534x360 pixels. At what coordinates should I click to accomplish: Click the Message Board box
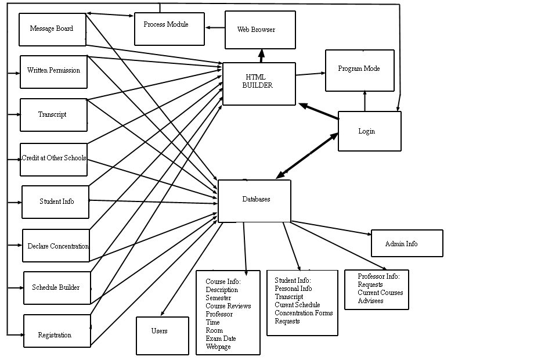click(52, 29)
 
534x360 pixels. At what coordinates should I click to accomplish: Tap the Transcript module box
click(53, 115)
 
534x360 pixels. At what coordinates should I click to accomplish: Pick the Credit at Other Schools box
click(53, 159)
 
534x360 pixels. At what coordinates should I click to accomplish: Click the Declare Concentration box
click(56, 246)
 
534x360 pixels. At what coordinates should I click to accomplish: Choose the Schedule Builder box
click(57, 287)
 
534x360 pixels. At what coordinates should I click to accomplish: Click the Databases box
click(254, 200)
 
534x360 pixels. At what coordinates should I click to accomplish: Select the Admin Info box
click(406, 243)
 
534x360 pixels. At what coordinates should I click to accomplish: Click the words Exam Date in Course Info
click(221, 339)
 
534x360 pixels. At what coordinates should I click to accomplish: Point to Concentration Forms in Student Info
click(304, 313)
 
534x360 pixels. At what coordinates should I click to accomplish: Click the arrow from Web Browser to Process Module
click(215, 27)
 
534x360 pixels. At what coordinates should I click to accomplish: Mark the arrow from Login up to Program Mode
click(365, 101)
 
